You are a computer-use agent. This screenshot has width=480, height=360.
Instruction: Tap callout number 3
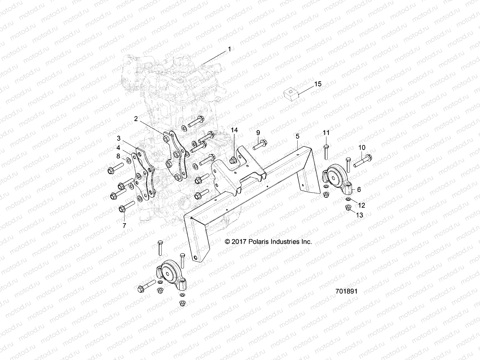(x=119, y=138)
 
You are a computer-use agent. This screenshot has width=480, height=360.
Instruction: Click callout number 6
(x=359, y=189)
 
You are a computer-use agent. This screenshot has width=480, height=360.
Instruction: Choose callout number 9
(x=258, y=132)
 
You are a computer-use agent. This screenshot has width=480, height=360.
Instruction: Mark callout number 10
(x=362, y=147)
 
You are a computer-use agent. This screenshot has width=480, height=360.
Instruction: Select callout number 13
(x=359, y=215)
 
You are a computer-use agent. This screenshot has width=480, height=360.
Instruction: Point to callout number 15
(x=318, y=84)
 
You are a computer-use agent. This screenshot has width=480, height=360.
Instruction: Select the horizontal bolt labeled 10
(x=363, y=160)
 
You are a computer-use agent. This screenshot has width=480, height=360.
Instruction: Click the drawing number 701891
(x=346, y=291)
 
